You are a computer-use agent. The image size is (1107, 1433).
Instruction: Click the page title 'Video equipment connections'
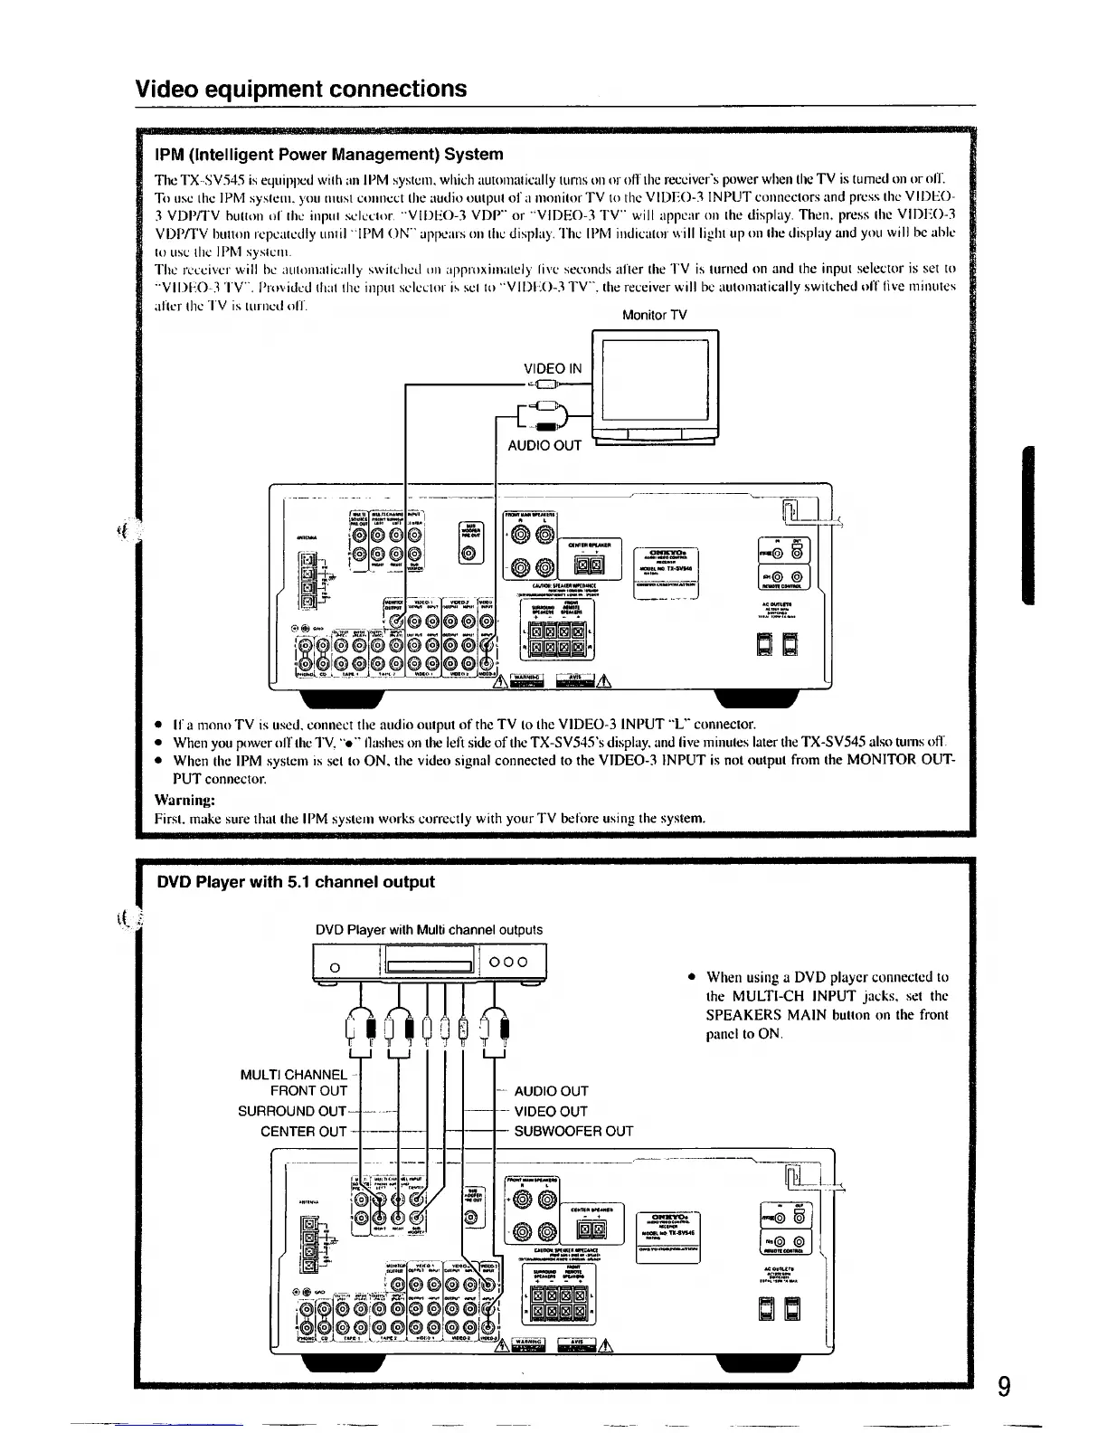tap(300, 89)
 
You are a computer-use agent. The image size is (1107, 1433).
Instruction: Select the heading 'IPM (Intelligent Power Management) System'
tap(329, 154)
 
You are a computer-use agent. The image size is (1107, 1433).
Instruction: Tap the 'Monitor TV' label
tap(654, 315)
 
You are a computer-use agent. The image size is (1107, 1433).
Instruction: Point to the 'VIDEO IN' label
tap(553, 368)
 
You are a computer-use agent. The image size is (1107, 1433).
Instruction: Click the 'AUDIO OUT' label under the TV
tap(544, 445)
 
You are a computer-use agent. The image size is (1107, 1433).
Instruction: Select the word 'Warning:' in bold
tap(184, 800)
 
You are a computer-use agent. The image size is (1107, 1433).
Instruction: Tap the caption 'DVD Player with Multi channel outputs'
tap(429, 930)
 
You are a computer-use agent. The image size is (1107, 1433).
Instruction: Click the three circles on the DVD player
tap(514, 963)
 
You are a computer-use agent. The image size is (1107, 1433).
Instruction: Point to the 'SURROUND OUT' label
tap(292, 1111)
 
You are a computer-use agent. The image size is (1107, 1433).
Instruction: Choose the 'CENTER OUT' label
tap(303, 1131)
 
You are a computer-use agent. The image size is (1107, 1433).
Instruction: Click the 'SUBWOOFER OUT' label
tap(573, 1131)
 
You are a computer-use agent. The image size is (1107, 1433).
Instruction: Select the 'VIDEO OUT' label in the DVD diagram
tap(551, 1111)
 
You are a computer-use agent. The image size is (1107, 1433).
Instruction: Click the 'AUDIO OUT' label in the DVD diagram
tap(551, 1091)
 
